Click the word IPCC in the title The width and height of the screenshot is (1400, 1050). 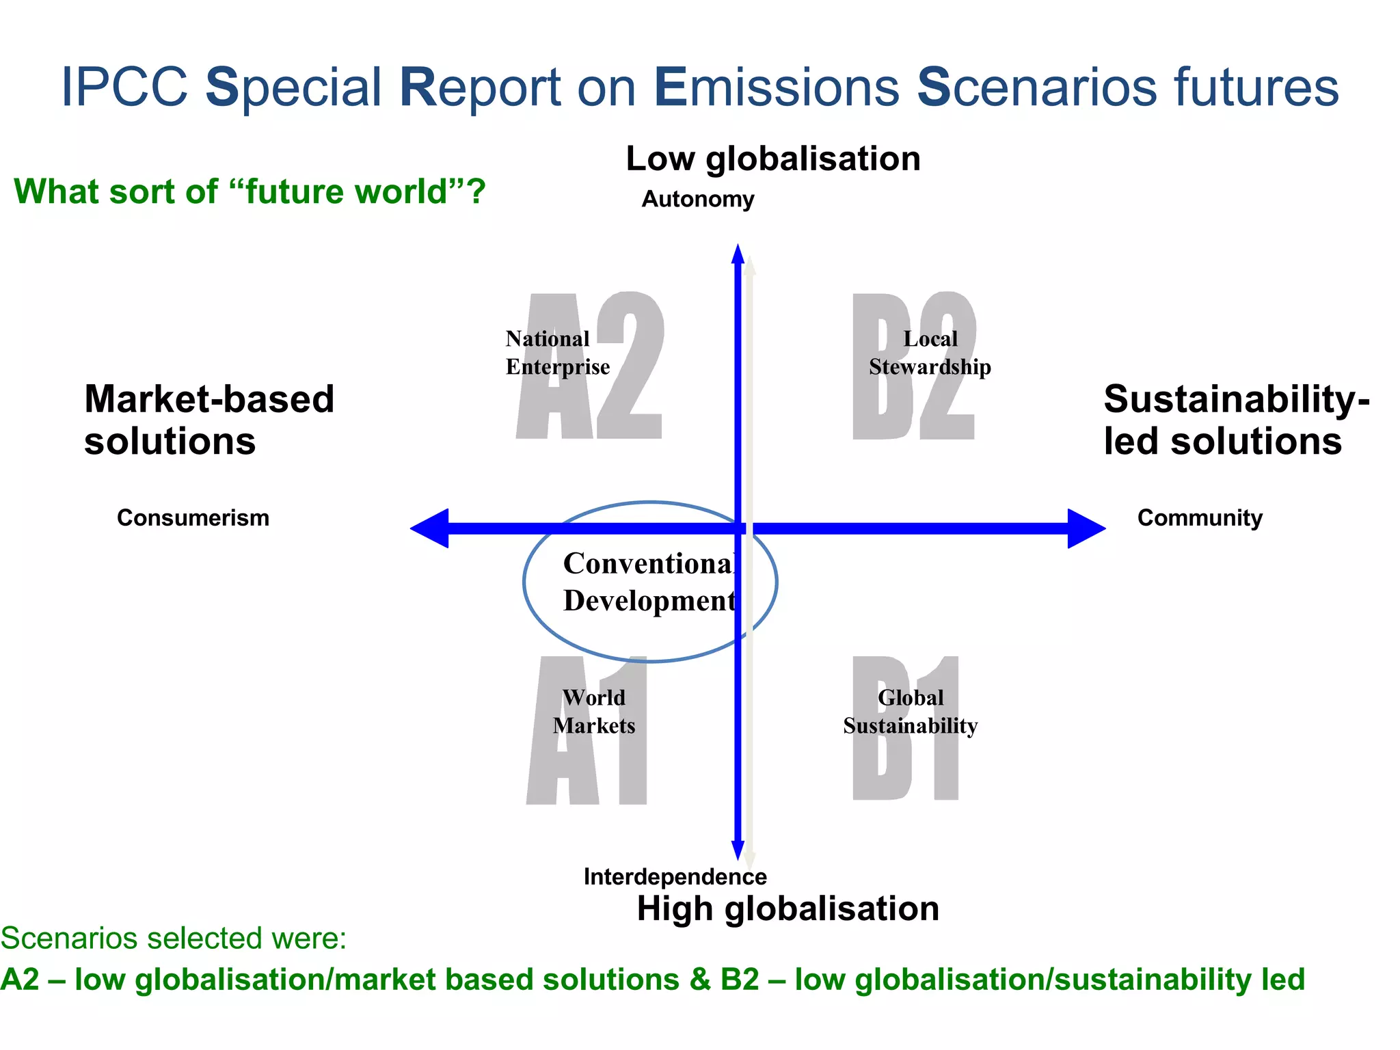click(124, 87)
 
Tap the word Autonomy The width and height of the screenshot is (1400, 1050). click(697, 199)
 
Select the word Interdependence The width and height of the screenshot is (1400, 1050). click(675, 876)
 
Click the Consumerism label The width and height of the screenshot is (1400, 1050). click(193, 517)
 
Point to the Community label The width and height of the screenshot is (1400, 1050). click(1200, 517)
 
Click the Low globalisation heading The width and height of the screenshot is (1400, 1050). click(773, 159)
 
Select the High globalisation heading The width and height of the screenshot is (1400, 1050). click(787, 908)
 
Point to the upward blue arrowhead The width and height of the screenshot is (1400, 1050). click(738, 255)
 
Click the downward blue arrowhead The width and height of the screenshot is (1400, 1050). click(738, 849)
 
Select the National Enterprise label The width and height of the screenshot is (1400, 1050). click(557, 353)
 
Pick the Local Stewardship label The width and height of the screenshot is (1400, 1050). click(930, 353)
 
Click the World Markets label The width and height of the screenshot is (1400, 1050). click(593, 712)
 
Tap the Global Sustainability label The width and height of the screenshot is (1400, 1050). click(910, 712)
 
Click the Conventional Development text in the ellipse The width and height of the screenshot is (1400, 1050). click(648, 582)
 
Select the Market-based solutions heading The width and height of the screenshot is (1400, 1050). click(208, 420)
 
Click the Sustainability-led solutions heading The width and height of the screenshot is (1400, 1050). click(1236, 420)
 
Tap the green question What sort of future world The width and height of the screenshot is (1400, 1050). click(250, 191)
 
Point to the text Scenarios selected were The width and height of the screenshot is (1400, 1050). click(174, 938)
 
